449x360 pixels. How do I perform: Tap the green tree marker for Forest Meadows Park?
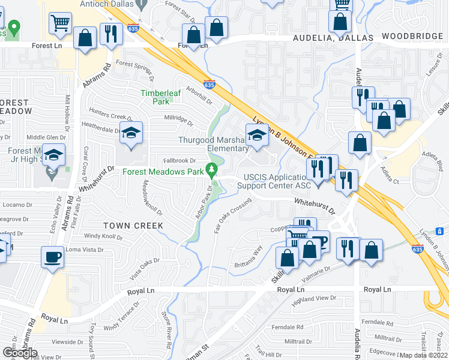pyautogui.click(x=211, y=170)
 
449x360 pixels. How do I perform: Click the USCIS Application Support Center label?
pyautogui.click(x=277, y=181)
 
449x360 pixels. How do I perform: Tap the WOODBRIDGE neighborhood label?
pyautogui.click(x=412, y=37)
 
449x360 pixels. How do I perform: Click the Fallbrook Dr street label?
pyautogui.click(x=180, y=161)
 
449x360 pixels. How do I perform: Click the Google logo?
pyautogui.click(x=20, y=353)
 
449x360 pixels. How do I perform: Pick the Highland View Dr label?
pyautogui.click(x=313, y=298)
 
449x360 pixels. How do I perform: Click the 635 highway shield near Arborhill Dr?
pyautogui.click(x=209, y=85)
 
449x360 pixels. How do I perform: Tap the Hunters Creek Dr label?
pyautogui.click(x=110, y=113)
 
